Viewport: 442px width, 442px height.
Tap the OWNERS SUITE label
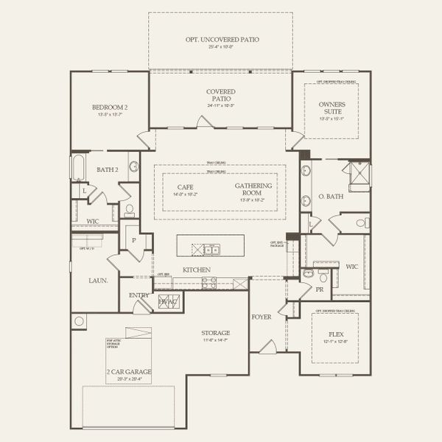tap(331, 108)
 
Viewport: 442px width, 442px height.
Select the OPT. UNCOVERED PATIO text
tap(221, 39)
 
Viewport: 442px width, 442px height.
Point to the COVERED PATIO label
tap(220, 95)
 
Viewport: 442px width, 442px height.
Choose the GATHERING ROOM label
tap(253, 189)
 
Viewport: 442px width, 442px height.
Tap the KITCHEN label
tap(197, 270)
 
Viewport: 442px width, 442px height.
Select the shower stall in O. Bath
tap(359, 175)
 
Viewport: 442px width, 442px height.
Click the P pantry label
tap(133, 240)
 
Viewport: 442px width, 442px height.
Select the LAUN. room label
tap(98, 280)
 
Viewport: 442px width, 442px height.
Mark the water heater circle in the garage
tap(79, 321)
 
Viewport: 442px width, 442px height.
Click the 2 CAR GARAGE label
tap(128, 371)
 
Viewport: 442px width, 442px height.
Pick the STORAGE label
tap(216, 333)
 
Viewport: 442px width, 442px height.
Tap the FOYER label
tap(262, 317)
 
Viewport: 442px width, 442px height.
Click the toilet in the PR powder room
tap(308, 273)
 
